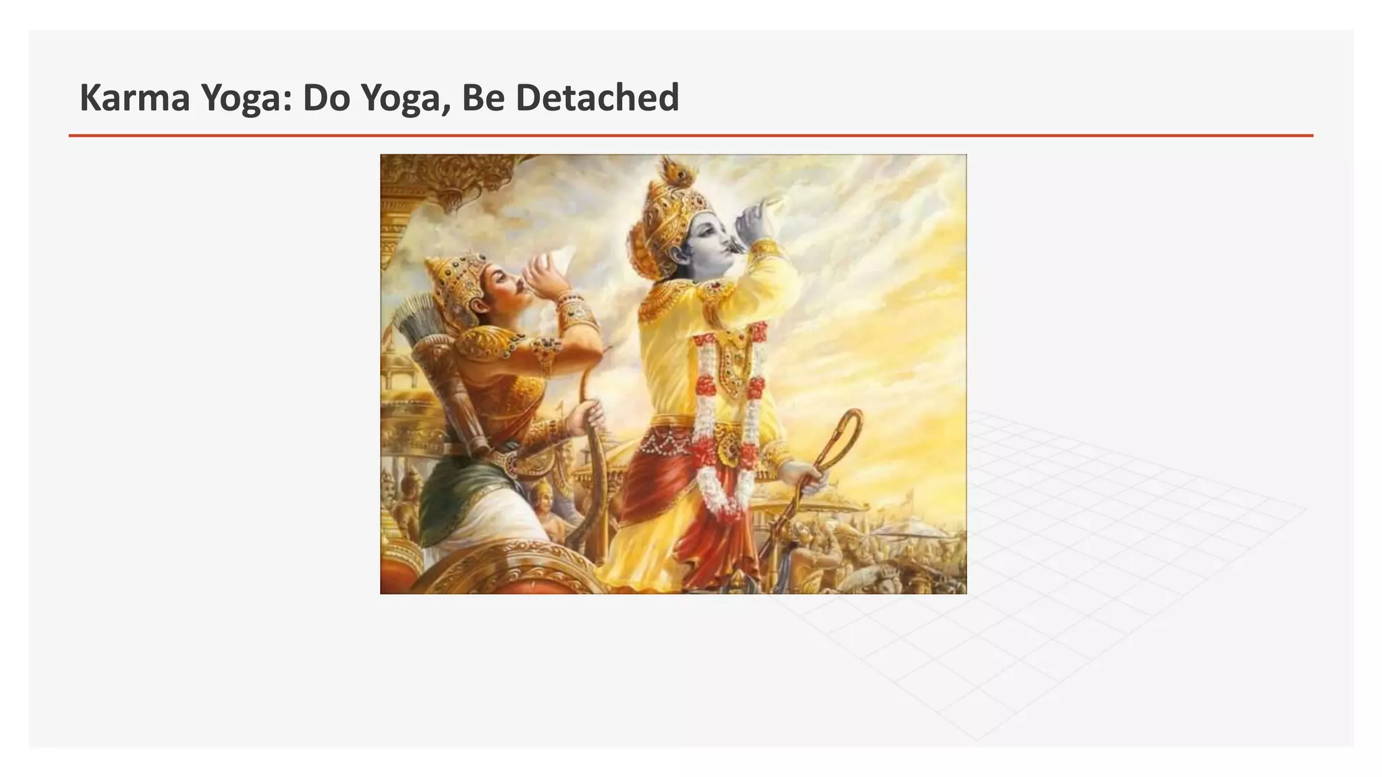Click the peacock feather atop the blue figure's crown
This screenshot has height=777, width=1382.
671,171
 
